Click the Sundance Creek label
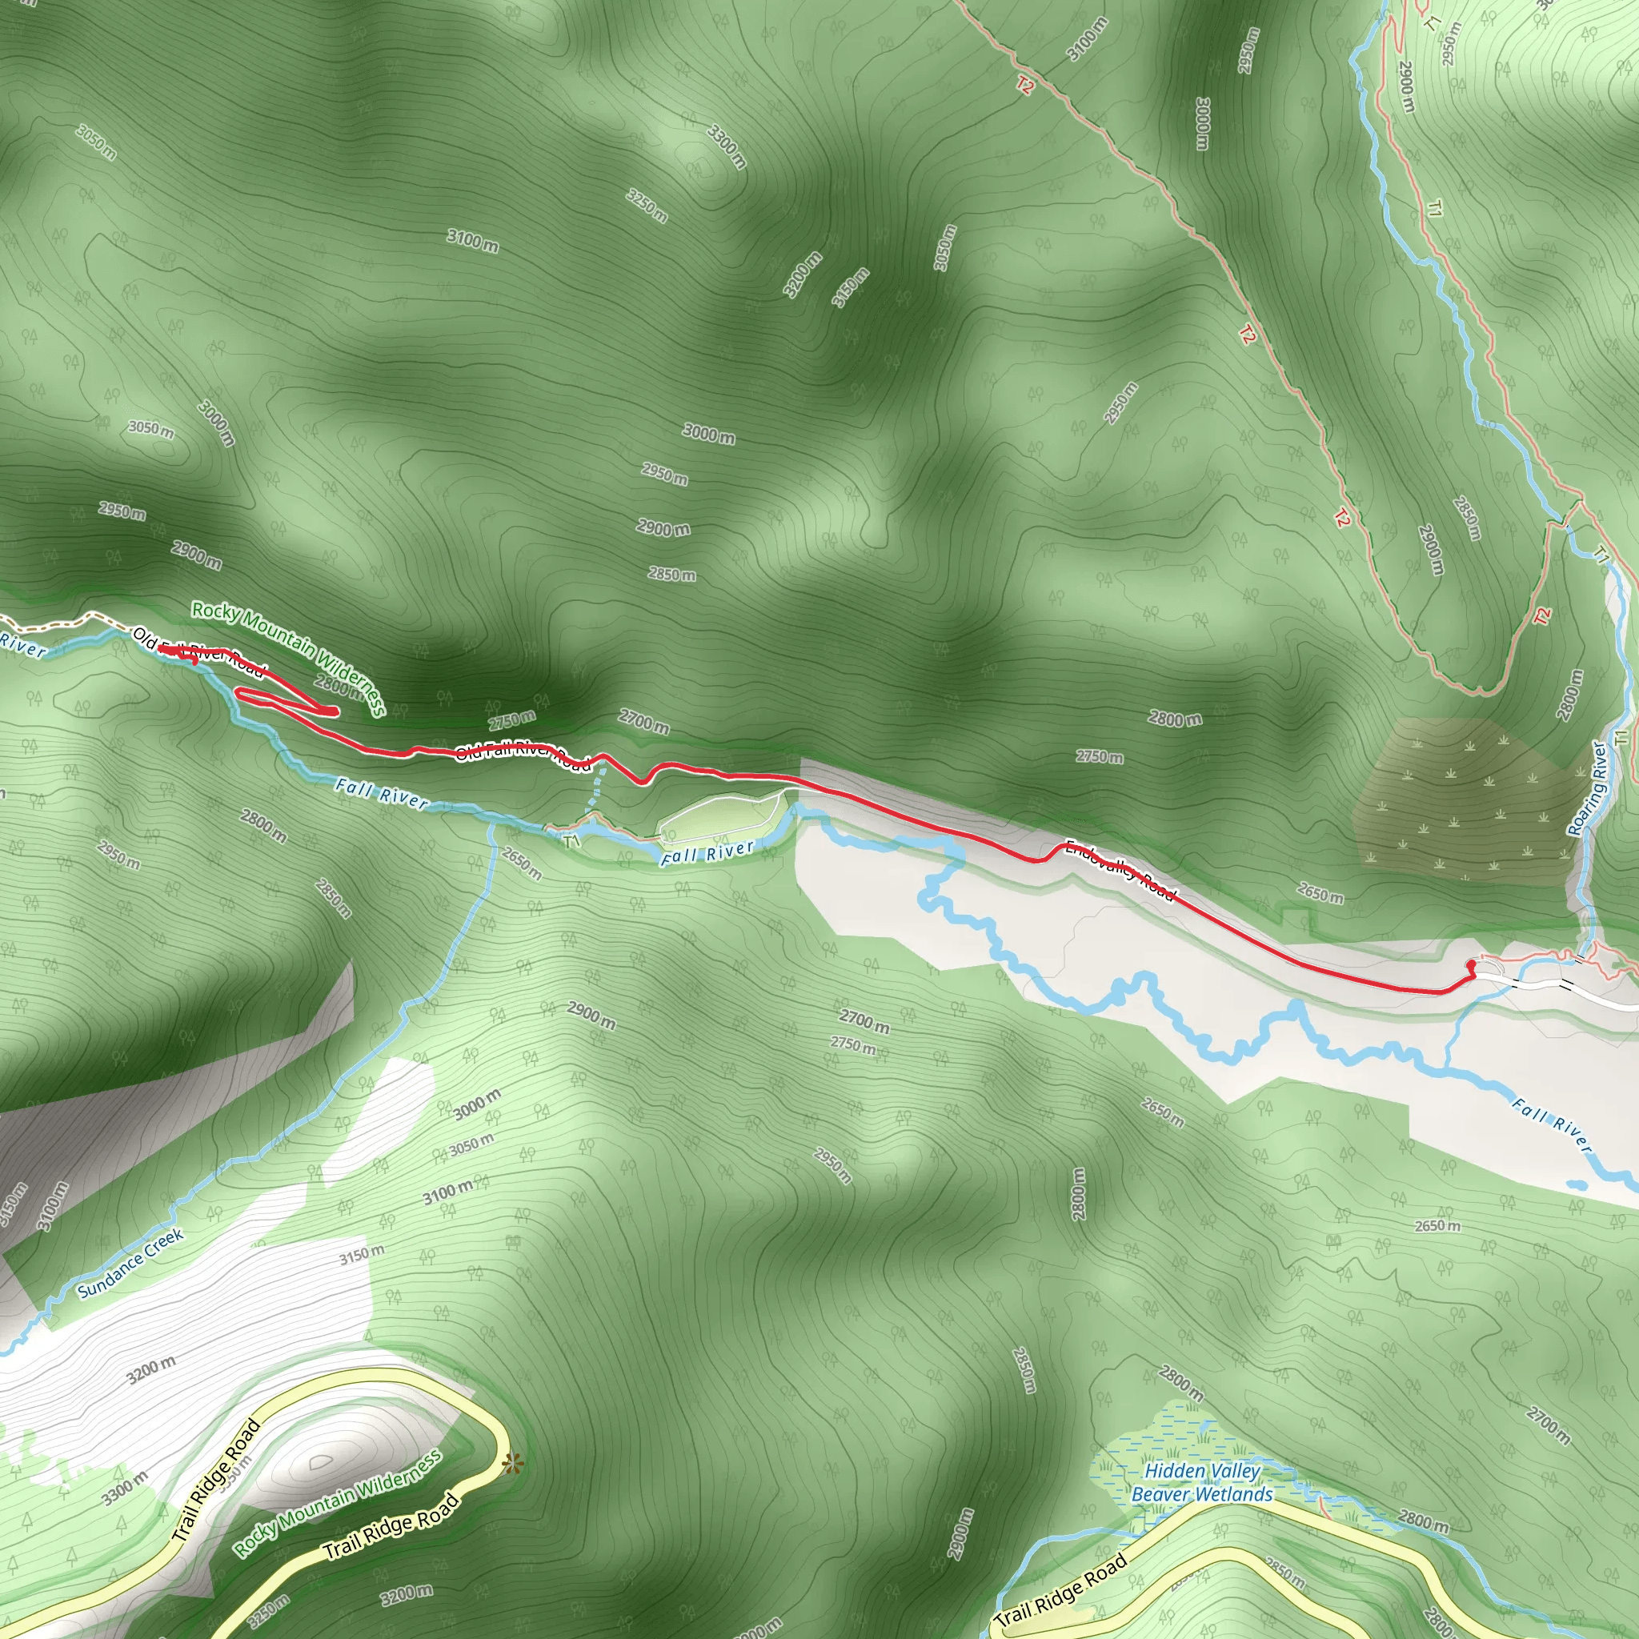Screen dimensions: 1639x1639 click(x=130, y=1263)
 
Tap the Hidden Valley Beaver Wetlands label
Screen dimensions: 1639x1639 click(x=1202, y=1482)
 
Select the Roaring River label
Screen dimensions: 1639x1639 click(x=1587, y=788)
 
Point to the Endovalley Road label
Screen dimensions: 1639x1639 click(x=1120, y=871)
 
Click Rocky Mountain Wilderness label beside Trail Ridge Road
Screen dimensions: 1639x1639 click(x=338, y=1503)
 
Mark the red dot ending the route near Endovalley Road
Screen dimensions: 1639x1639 click(x=1471, y=964)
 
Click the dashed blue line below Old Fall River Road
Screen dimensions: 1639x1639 click(x=597, y=786)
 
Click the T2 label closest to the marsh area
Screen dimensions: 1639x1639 click(x=1541, y=616)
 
